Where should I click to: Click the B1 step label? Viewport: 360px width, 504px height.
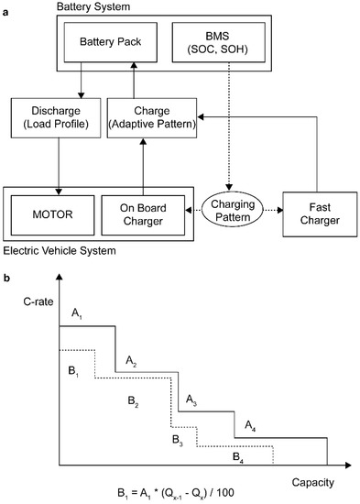click(75, 373)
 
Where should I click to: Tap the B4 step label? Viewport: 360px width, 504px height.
click(237, 455)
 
